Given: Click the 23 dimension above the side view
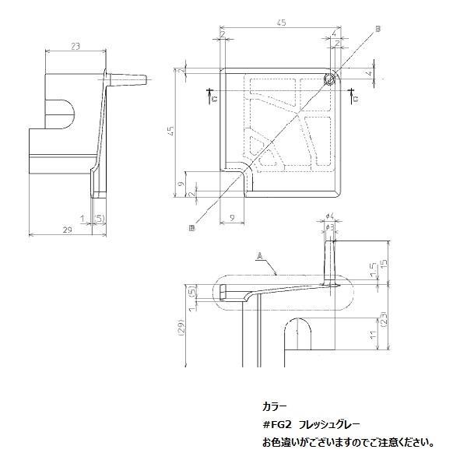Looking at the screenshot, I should (75, 46).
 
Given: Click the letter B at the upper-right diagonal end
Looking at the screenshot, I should (378, 29).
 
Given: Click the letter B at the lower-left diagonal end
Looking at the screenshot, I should (191, 227).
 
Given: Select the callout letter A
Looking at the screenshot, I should (257, 255).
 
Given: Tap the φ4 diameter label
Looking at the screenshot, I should (330, 216).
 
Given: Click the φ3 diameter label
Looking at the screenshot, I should (330, 227).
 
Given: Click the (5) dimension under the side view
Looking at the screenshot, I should (99, 217).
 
